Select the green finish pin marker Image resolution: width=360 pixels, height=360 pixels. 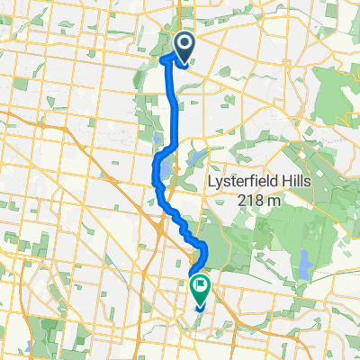199,290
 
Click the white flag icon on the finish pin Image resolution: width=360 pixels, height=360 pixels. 199,287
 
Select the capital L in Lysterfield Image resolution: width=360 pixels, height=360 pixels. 210,182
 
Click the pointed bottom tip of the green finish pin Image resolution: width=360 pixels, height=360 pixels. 199,306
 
